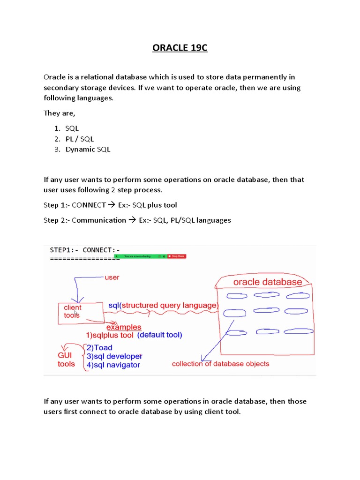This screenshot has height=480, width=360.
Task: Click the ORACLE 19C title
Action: tap(180, 48)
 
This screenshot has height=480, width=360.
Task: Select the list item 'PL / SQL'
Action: tap(80, 139)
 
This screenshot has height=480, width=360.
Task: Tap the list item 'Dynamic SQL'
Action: tap(88, 150)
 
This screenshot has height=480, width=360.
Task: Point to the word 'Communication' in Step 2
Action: tap(99, 220)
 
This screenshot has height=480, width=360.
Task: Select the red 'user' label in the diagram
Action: tap(112, 277)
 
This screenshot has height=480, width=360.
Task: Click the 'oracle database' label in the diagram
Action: tap(267, 282)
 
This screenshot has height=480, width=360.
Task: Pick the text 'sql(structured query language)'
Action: tap(163, 306)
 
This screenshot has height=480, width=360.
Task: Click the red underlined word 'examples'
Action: tap(124, 327)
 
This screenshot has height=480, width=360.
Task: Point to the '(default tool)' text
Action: tap(159, 335)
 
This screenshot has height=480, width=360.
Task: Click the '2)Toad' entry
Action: tap(99, 348)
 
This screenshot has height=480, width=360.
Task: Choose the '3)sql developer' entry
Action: tap(114, 356)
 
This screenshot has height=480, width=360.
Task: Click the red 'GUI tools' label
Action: tap(66, 360)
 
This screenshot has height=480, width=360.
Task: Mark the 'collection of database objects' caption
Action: tap(220, 364)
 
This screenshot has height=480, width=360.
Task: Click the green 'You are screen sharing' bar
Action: tap(138, 256)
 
